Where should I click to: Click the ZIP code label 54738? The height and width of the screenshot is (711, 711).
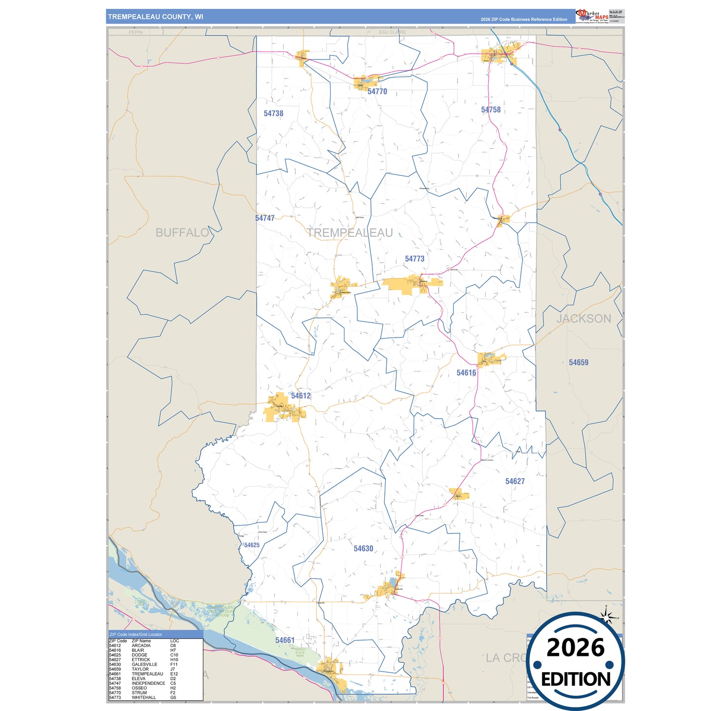coord(273,113)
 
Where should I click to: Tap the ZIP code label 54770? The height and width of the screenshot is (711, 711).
coord(377,92)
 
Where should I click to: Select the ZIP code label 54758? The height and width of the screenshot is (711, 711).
coord(491,110)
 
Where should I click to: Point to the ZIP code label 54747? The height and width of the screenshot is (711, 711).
coord(265,218)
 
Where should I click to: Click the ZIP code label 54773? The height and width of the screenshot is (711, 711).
coord(414,259)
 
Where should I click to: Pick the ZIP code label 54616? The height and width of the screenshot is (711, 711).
coord(466,373)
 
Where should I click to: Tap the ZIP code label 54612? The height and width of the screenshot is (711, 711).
coord(301,396)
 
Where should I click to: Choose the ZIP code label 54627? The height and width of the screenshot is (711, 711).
coord(515,481)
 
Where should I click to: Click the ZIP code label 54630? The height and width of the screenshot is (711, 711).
coord(363,549)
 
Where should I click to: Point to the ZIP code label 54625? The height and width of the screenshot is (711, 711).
coord(251,545)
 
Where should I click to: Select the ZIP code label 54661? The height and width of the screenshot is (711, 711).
coord(285,640)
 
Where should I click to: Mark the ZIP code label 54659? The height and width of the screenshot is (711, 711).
coord(578,363)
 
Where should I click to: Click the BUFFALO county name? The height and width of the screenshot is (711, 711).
coord(183,233)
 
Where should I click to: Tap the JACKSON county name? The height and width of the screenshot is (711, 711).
coord(584,319)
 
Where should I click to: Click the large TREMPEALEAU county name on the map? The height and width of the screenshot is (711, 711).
coord(350,233)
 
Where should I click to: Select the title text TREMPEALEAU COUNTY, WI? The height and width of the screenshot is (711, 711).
coord(155,17)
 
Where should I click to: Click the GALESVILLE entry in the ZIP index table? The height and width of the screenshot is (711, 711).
coord(144,664)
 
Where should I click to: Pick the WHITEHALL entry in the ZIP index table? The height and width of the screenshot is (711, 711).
coord(144,697)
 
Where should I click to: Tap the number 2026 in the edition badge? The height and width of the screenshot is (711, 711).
coord(575,648)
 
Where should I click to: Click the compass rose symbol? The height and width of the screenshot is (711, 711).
coord(607,616)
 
